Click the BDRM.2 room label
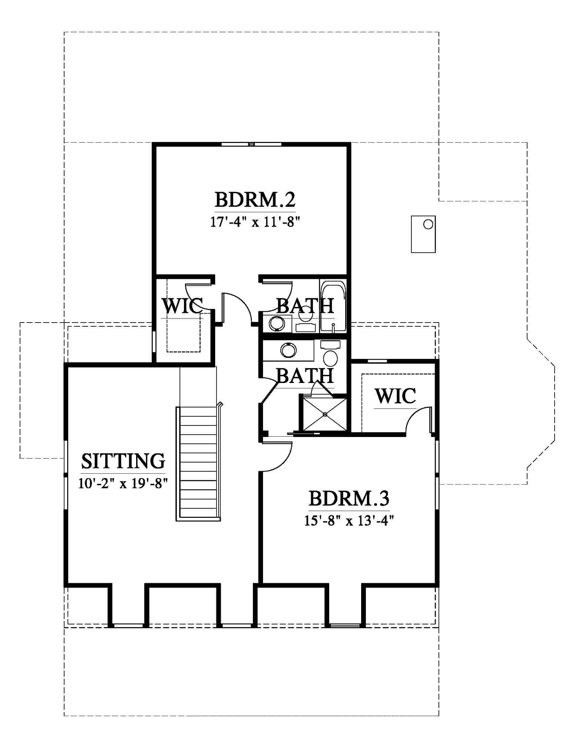[255, 200]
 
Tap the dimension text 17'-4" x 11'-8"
[255, 222]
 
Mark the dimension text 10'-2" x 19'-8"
[123, 483]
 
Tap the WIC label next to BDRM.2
[182, 306]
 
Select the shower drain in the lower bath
[325, 415]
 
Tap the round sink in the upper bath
[277, 324]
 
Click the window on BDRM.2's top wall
[252, 144]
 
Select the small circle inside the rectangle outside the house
[428, 224]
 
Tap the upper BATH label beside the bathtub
[305, 306]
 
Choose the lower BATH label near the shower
[305, 376]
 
